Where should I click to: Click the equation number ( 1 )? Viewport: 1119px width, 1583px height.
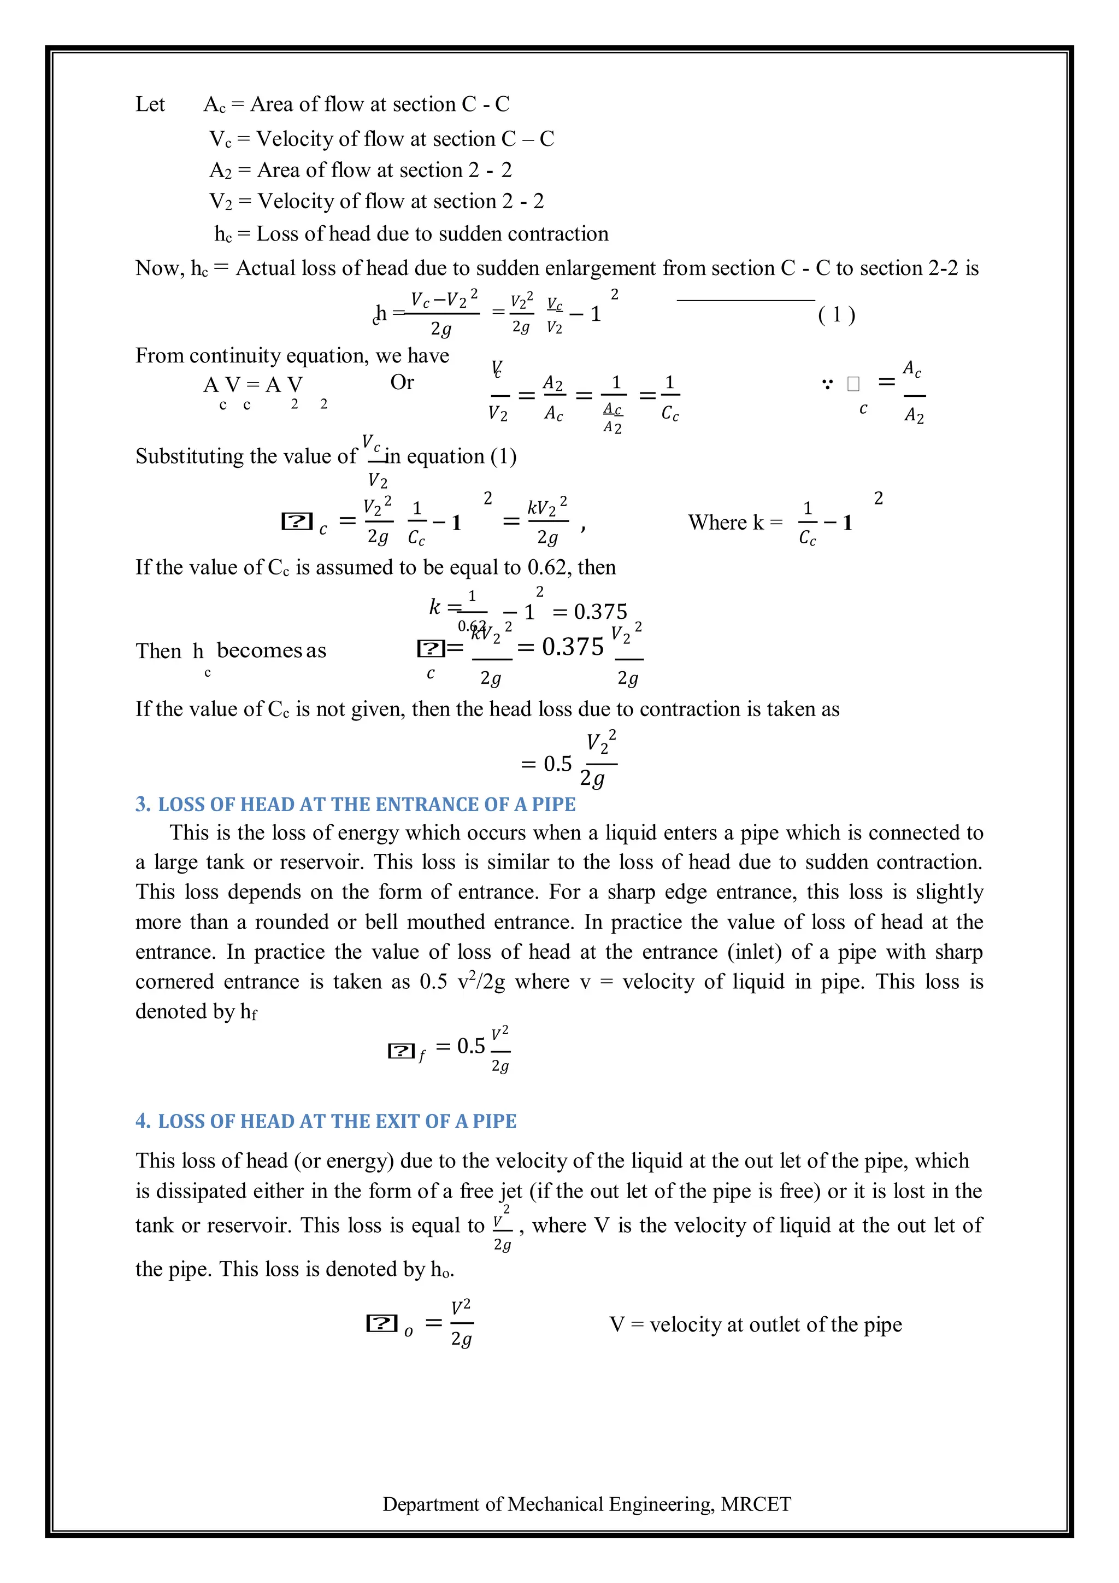(836, 314)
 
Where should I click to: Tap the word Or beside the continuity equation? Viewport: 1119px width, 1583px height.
(402, 382)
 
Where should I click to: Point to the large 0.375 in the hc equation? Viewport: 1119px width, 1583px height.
(572, 646)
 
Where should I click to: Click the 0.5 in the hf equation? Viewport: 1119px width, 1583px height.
(470, 1046)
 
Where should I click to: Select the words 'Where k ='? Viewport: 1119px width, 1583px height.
(734, 522)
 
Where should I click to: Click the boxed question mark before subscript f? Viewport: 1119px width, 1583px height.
(401, 1051)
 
